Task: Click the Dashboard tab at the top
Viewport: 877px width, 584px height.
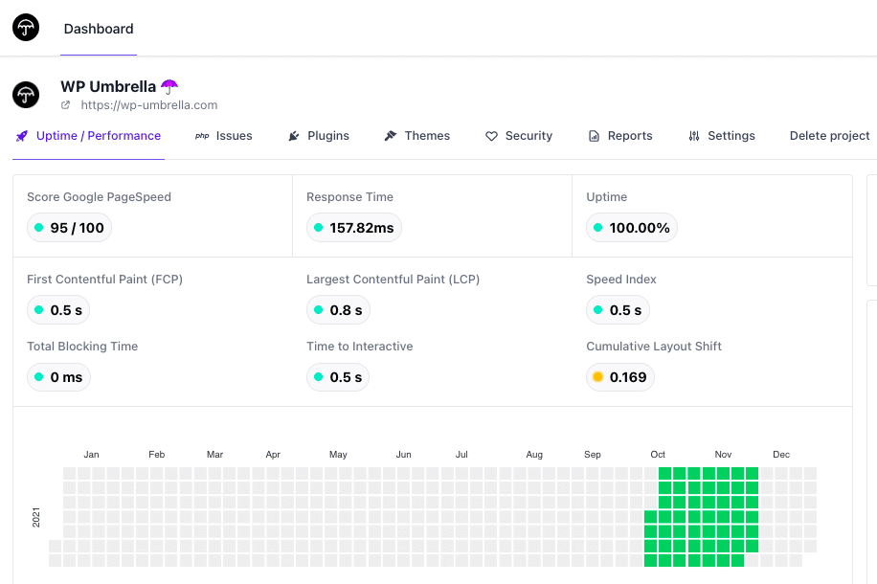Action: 99,29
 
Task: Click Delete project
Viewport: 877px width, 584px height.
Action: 829,136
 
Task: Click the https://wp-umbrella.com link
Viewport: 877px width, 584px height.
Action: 149,105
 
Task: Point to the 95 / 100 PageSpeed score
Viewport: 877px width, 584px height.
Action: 78,228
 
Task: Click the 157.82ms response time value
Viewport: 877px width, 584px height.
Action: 362,228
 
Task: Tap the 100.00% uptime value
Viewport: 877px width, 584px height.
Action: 640,228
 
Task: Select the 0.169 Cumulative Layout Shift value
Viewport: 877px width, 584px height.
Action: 628,377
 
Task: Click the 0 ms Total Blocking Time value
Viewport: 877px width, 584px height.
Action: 66,377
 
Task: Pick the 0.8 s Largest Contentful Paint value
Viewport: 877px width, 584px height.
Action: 346,310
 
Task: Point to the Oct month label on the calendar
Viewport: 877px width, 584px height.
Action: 658,455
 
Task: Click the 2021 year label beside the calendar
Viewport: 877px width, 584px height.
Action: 36,517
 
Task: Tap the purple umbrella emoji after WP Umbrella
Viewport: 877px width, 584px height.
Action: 169,86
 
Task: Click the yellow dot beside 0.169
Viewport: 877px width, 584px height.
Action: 597,377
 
